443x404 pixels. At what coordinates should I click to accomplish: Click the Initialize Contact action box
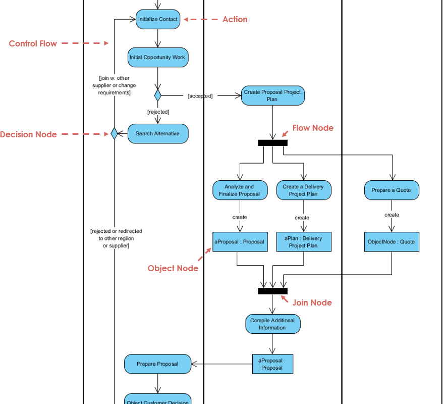(158, 19)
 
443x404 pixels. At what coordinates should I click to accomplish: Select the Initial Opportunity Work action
(157, 58)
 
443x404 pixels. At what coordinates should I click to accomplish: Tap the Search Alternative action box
(158, 134)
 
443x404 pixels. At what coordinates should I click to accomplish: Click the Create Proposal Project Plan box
(272, 95)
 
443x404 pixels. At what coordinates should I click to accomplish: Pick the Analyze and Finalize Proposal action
(240, 190)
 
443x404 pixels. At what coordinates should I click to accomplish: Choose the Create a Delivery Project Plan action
(303, 190)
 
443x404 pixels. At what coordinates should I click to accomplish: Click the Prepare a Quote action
(392, 190)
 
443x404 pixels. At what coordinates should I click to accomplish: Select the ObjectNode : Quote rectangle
(392, 242)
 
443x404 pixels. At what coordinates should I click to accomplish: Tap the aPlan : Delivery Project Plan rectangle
(303, 242)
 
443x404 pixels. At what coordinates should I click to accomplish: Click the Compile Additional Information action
(272, 324)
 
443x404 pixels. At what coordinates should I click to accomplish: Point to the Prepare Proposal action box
(157, 364)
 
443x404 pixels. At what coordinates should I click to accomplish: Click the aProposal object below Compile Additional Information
(272, 364)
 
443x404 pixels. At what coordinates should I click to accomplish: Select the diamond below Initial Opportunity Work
(158, 95)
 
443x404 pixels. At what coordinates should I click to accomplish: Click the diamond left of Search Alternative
(114, 134)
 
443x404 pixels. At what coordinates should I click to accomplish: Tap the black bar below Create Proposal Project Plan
(272, 143)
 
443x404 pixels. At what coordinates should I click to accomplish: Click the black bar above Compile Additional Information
(272, 291)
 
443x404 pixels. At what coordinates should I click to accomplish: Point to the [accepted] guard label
(200, 95)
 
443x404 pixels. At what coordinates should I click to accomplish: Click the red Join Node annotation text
(312, 302)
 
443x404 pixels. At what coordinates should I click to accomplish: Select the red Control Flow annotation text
(33, 43)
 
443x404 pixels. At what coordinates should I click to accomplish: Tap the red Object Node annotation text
(173, 268)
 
